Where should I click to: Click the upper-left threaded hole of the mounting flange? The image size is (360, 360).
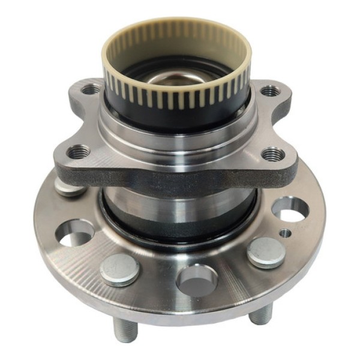tap(91, 90)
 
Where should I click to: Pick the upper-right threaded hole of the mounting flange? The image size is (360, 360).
tap(270, 91)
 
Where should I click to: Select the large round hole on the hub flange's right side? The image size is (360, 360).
tap(290, 209)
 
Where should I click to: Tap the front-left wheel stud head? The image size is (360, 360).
tap(120, 268)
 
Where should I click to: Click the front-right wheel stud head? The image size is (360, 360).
tap(265, 251)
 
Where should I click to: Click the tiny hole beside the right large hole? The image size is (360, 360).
tap(286, 232)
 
